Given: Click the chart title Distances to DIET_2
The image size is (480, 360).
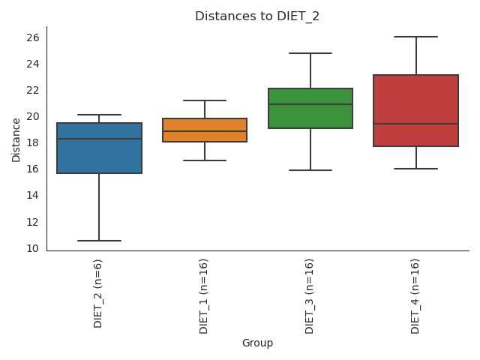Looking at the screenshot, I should pos(257,16).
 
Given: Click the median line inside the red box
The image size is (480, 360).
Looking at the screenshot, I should pos(416,124).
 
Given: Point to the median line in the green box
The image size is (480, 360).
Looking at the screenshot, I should pos(310,104).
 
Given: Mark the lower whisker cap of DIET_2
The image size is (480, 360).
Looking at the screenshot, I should pos(99,241).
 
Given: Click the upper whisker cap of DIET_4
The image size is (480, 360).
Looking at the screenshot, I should pos(416,37).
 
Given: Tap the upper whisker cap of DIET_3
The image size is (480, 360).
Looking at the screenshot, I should pos(310,53).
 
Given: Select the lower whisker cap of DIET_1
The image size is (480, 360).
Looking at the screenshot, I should pos(205,160).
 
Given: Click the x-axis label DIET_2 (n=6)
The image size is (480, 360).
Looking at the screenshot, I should pos(98,292).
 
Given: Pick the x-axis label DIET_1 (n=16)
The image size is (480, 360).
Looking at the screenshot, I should pos(204,295).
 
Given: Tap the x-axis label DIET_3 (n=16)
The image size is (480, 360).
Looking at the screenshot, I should pos(310,295).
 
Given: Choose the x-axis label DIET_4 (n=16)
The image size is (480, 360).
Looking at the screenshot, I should pos(415,295).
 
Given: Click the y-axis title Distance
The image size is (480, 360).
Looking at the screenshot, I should pos(16,139).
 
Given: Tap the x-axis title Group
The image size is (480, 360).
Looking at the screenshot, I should pos(257,343).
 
